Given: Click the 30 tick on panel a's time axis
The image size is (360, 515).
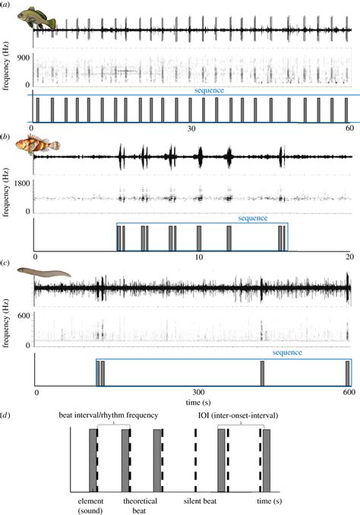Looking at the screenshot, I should click(x=192, y=129).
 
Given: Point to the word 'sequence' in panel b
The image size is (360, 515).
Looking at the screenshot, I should click(x=254, y=218).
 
